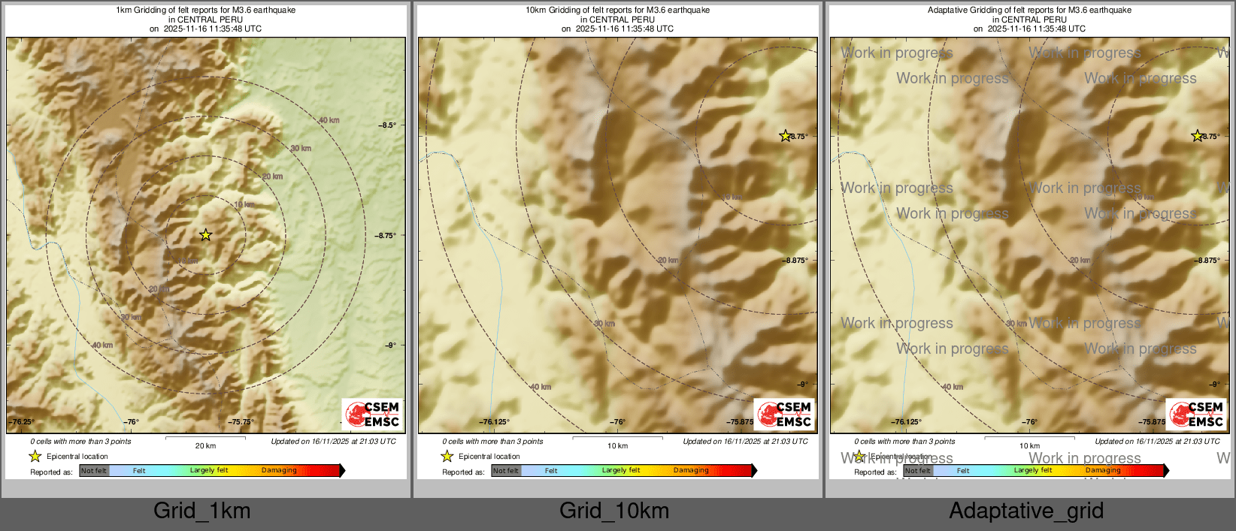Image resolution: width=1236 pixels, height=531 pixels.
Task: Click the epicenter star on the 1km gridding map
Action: [205, 235]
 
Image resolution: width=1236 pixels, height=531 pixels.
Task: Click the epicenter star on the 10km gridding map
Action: [785, 136]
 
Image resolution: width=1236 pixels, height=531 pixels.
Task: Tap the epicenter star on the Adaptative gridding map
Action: [1197, 136]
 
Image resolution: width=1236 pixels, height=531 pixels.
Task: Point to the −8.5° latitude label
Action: [387, 125]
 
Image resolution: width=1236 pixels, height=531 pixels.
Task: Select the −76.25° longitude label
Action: [22, 422]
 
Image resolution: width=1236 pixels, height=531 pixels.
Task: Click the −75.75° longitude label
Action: [241, 422]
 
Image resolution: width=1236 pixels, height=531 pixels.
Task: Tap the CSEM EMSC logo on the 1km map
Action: [372, 414]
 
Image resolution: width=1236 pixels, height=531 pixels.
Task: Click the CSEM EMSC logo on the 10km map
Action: [784, 414]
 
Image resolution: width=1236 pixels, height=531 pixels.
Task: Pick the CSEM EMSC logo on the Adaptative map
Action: [1196, 414]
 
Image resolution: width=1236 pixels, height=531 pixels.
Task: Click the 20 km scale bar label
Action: [205, 445]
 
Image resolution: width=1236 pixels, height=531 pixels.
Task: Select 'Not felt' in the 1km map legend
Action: [94, 471]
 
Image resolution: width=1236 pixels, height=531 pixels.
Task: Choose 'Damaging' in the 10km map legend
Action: [691, 471]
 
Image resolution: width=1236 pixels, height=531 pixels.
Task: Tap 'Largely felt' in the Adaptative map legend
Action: [1033, 471]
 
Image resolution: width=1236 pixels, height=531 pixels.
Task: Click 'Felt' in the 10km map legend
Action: [551, 471]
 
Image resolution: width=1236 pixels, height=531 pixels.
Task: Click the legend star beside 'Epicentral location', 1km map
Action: [35, 456]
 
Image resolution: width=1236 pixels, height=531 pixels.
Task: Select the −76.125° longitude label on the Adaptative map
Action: [906, 422]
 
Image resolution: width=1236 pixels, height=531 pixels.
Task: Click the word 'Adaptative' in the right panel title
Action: [949, 11]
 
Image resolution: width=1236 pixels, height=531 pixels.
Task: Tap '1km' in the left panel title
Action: [124, 11]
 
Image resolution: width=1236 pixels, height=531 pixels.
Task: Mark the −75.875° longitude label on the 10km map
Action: [741, 422]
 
